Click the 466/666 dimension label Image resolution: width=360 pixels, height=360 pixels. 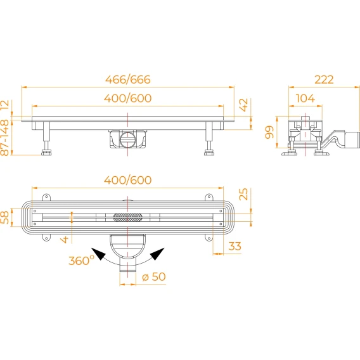128,79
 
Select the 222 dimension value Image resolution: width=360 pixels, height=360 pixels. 324,79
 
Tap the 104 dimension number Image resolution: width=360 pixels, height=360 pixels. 305,98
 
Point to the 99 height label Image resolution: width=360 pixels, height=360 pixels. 269,132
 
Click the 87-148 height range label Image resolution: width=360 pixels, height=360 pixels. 4,138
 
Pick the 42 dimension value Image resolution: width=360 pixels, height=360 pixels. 243,105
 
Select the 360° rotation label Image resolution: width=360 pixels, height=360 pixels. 81,260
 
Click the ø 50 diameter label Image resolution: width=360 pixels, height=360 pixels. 154,277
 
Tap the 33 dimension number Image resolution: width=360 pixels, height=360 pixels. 235,246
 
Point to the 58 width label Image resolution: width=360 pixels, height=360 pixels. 4,217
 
